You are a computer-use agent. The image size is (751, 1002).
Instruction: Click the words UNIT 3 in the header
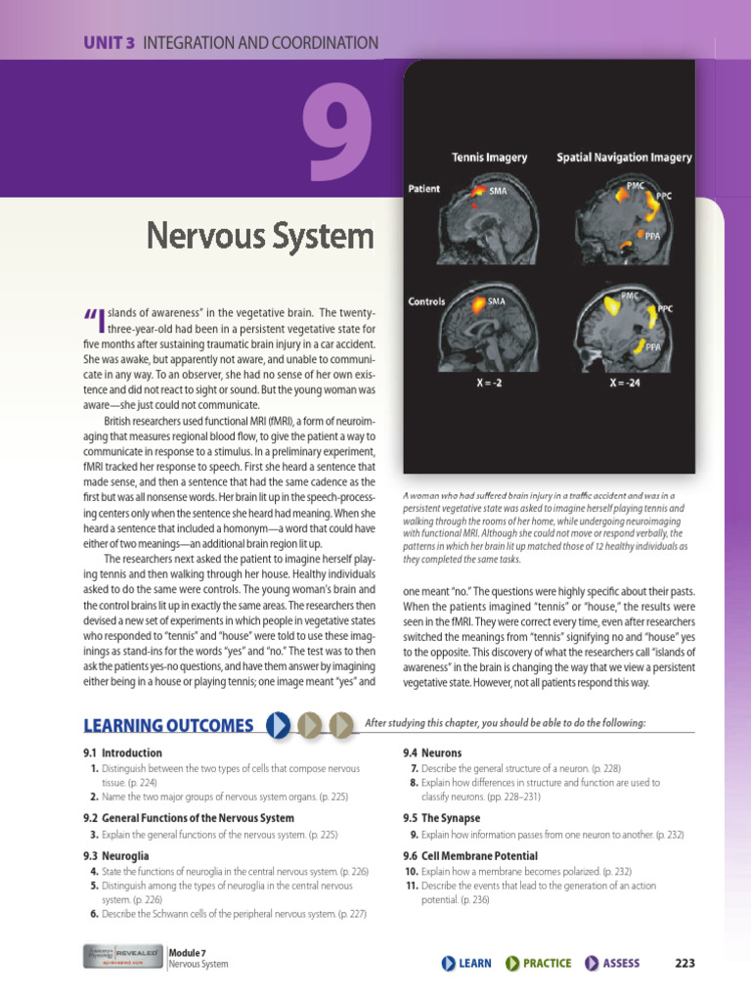click(x=110, y=42)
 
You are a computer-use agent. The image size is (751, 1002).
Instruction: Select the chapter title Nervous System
click(x=260, y=236)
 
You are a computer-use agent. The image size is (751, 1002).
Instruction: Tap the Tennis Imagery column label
click(x=489, y=157)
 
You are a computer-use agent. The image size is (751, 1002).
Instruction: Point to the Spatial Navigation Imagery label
click(x=624, y=157)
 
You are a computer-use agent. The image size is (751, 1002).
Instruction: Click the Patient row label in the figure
click(x=423, y=188)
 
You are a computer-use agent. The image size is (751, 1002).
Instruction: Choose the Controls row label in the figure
click(x=426, y=301)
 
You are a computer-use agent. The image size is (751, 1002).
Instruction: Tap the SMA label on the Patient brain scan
click(x=498, y=191)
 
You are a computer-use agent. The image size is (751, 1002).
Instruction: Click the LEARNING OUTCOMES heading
click(x=168, y=725)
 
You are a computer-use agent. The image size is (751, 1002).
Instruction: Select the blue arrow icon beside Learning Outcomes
click(x=278, y=725)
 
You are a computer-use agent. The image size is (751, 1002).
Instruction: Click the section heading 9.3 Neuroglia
click(x=116, y=855)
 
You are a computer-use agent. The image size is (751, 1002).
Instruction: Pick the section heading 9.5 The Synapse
click(x=441, y=817)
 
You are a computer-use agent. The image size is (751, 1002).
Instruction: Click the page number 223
click(x=685, y=963)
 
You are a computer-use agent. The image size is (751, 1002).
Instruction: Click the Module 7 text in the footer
click(x=187, y=951)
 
